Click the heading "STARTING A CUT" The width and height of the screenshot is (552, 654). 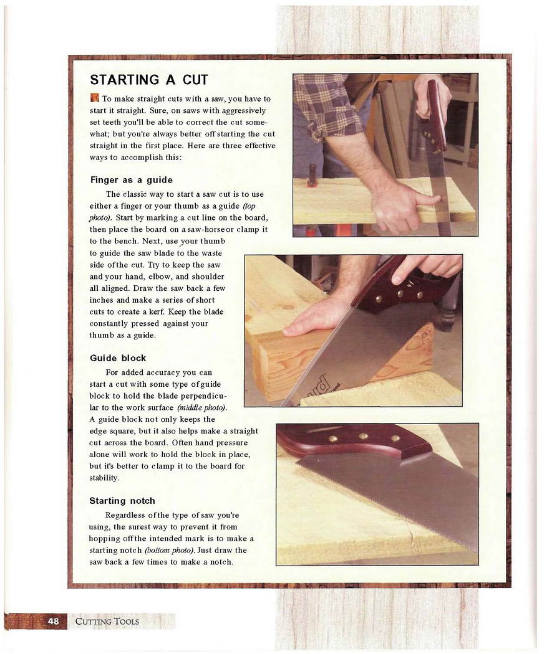148,80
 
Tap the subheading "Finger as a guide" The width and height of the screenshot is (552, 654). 131,180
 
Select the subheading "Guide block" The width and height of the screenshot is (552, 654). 118,358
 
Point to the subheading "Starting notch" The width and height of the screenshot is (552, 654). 122,501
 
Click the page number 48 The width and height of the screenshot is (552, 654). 54,621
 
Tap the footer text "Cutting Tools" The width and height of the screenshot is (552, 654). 107,622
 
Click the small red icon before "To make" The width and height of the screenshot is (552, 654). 94,98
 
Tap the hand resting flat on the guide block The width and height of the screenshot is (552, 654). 315,317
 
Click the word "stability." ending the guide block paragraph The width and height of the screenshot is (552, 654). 104,478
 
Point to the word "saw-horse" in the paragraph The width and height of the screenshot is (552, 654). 206,229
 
